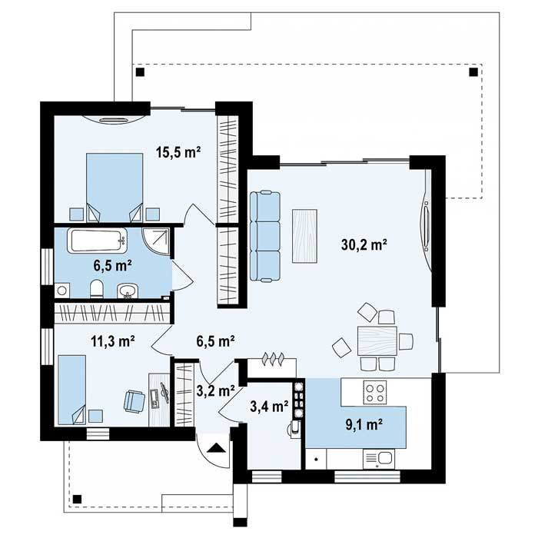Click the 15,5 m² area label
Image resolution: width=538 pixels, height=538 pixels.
pos(178,151)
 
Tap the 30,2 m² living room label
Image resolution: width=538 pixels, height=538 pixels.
pos(364,244)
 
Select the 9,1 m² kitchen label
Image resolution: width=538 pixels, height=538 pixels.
pos(364,424)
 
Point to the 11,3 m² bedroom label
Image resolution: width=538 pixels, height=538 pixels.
pos(113,341)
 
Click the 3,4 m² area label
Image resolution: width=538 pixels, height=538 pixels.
pos(269,407)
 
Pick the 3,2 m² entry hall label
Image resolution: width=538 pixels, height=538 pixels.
pos(216,390)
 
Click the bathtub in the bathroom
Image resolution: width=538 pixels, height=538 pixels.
pos(97,241)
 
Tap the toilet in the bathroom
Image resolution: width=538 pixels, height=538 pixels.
pos(97,288)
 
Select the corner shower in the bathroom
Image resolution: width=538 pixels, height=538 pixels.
pos(156,243)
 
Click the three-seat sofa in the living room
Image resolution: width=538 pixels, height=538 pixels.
pos(265,237)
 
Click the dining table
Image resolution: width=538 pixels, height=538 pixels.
pos(377,340)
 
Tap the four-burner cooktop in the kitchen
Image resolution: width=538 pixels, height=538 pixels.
pos(375,393)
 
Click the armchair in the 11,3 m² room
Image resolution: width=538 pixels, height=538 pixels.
pos(134,400)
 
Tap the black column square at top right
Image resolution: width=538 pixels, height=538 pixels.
pos(473,72)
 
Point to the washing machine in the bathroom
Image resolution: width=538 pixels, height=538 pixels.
pos(62,291)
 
